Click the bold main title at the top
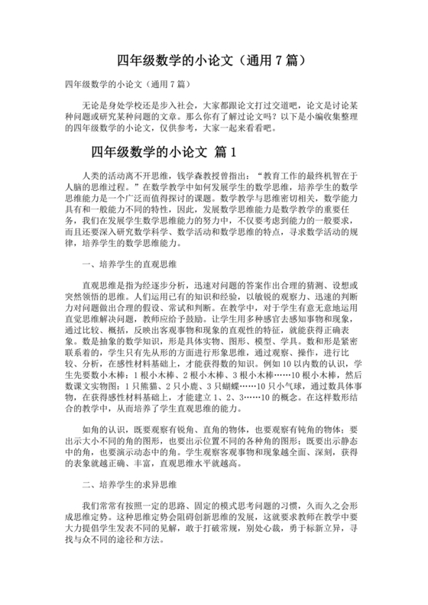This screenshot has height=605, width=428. point(213,59)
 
